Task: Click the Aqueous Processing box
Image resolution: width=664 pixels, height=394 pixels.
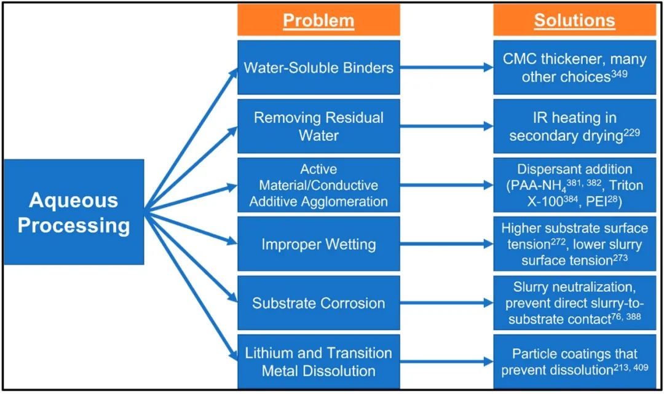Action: tap(74, 212)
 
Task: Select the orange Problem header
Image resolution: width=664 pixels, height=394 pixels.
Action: tap(318, 20)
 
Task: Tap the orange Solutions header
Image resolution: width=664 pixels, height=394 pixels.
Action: tap(574, 20)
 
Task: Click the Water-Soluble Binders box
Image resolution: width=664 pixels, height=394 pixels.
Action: tap(318, 68)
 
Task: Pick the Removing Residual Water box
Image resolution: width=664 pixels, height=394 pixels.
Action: tap(318, 126)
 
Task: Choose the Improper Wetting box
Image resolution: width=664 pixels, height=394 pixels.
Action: tap(318, 244)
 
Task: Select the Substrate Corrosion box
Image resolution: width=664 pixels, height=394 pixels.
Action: tap(318, 303)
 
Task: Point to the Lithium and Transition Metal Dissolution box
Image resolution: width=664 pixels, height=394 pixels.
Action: tap(318, 362)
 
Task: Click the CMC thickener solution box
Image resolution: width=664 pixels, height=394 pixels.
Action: tap(574, 68)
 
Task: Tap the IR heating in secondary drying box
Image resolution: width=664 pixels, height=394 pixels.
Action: tap(574, 126)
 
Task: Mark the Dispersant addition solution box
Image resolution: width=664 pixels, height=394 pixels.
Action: tap(574, 185)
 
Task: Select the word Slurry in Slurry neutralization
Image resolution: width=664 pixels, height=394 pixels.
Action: tap(533, 287)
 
